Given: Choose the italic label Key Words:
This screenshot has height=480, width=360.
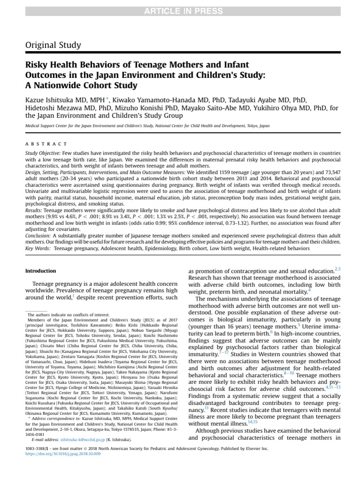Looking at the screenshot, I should click(x=37, y=247).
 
